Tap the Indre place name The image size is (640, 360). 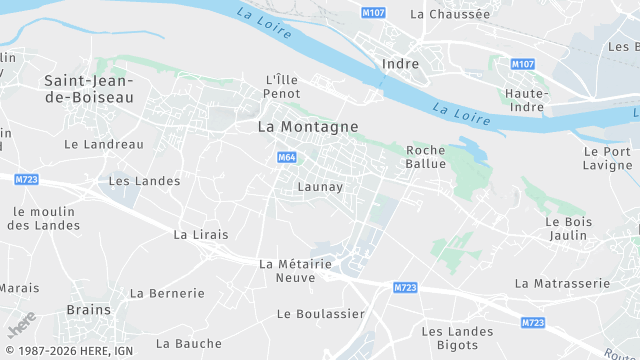click(x=400, y=63)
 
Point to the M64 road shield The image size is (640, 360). click(x=286, y=157)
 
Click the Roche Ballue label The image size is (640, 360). click(x=425, y=157)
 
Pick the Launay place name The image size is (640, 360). click(x=320, y=187)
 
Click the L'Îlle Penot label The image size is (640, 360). click(x=283, y=86)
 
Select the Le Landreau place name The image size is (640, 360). click(x=103, y=144)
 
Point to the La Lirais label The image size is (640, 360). click(x=201, y=234)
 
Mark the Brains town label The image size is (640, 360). click(x=88, y=310)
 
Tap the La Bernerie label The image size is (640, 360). click(x=168, y=293)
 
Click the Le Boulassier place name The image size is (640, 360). click(x=320, y=313)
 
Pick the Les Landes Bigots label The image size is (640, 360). click(x=457, y=338)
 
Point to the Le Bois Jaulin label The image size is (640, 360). click(x=568, y=228)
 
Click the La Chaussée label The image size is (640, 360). click(x=450, y=14)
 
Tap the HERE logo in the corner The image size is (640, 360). click(x=20, y=326)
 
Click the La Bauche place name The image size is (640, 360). click(x=189, y=343)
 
